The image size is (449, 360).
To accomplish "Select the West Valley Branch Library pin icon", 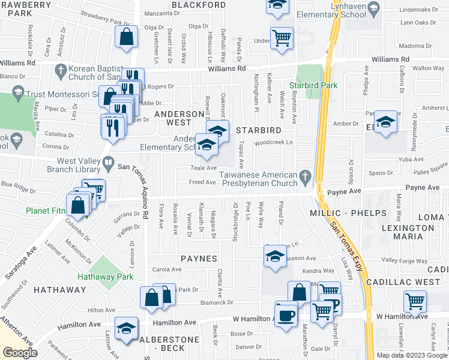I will (108, 161).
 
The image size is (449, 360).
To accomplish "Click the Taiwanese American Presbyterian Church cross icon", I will (306, 175).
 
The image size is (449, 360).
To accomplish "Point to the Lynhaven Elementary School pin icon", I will (374, 8).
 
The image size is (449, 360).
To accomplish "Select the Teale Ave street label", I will (203, 168).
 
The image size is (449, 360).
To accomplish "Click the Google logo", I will (20, 353).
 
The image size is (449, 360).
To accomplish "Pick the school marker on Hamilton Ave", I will (127, 329).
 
